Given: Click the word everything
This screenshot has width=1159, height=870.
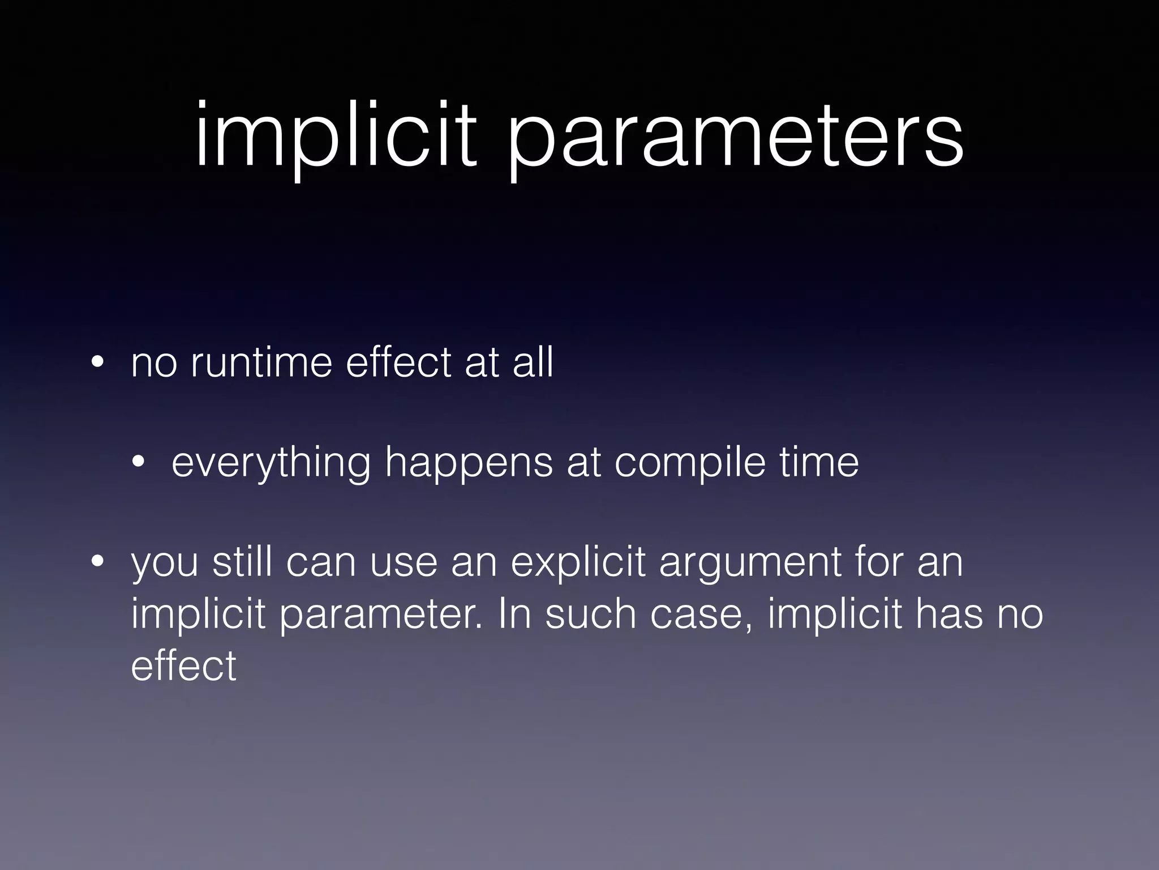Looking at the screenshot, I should [x=271, y=463].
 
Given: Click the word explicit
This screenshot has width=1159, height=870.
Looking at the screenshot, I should [x=578, y=563].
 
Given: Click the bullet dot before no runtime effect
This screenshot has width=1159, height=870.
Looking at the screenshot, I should [x=97, y=362].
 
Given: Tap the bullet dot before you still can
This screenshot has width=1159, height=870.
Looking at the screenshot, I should [x=97, y=563].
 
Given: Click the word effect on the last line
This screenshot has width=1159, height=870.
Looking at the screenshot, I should [x=183, y=665].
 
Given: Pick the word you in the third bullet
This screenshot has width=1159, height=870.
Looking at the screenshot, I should [x=165, y=564].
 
